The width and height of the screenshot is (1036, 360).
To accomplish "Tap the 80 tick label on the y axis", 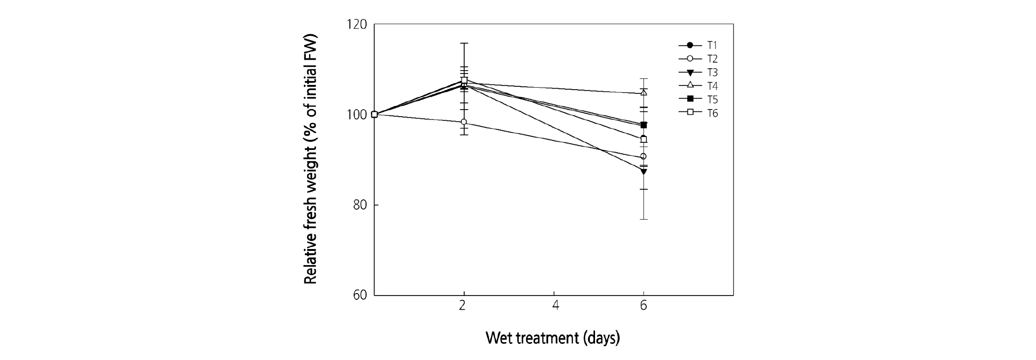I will click(359, 205).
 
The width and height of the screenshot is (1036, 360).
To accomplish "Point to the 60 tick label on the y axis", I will click(359, 295).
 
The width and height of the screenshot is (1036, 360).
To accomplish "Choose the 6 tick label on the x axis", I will click(643, 306).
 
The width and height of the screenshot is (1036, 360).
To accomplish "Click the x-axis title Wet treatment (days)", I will click(553, 338).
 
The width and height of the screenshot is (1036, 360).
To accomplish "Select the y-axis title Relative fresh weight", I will click(310, 159).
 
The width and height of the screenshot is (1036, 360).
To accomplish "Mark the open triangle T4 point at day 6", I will click(643, 92).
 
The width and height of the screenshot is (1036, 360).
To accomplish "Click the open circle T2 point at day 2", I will click(464, 122).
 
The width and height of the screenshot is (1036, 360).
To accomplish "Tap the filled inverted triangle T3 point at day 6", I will click(643, 171).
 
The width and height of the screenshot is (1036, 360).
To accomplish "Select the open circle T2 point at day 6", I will click(643, 157).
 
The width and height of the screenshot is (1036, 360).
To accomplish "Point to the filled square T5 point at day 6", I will click(643, 125).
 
